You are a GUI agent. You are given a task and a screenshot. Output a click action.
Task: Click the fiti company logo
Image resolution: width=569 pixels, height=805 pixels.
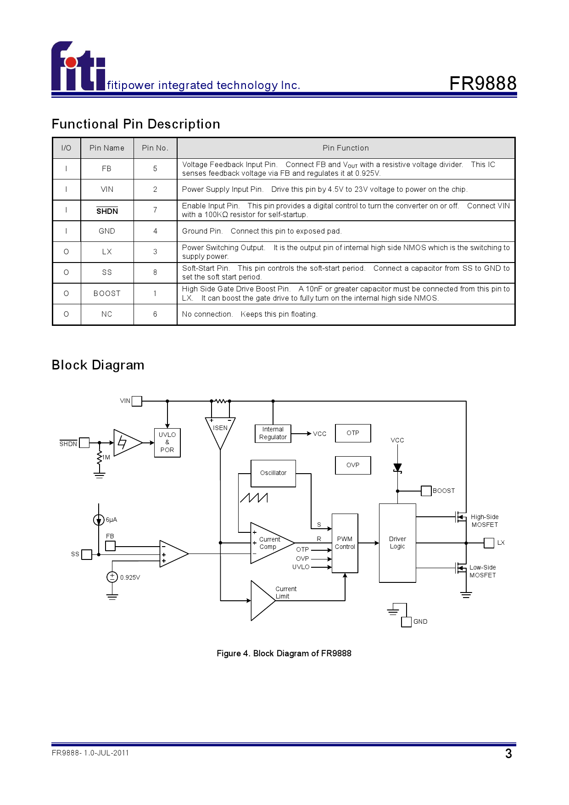[78, 67]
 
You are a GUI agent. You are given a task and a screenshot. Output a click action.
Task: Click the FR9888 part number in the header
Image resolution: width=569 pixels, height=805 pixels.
[483, 84]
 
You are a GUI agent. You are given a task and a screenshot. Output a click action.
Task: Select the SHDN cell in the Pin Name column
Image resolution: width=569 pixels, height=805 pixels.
[107, 211]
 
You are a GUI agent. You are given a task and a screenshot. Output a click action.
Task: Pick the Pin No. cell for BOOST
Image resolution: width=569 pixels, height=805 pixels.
[155, 294]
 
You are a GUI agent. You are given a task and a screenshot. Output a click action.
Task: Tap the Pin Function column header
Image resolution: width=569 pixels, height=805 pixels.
[346, 148]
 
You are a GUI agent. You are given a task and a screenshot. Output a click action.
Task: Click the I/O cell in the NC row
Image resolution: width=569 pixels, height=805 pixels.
[67, 314]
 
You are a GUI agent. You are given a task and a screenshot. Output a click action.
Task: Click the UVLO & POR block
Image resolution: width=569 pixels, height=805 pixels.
[167, 442]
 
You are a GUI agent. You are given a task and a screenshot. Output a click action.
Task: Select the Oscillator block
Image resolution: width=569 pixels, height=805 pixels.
[273, 473]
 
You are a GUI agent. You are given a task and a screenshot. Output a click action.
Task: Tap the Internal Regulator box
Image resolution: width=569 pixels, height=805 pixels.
[273, 433]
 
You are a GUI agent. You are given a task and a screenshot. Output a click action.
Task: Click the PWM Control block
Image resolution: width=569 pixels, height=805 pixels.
[345, 543]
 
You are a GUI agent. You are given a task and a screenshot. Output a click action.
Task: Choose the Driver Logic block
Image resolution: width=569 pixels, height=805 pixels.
[397, 543]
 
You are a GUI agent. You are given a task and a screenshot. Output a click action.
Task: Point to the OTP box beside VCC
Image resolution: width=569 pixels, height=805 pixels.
[353, 433]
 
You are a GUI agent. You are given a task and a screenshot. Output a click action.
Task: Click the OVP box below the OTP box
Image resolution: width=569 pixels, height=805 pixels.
[353, 465]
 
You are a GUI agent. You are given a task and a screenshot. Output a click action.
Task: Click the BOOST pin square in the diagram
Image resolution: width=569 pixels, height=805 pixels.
[426, 491]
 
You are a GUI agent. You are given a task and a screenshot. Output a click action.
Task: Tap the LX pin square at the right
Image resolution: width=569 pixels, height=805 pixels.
[489, 543]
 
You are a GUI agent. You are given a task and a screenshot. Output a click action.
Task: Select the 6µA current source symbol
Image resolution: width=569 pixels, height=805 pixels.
[99, 520]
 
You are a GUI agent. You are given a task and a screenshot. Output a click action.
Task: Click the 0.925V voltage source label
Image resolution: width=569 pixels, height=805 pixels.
[130, 578]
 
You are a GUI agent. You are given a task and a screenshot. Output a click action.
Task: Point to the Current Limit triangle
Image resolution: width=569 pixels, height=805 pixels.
[261, 600]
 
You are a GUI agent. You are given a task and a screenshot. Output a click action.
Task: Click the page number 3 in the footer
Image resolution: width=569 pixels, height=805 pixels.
[508, 754]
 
